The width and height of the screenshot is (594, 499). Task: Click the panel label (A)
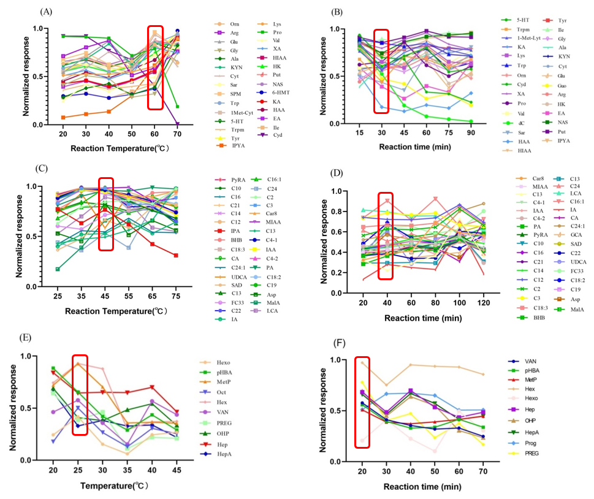pyautogui.click(x=45, y=12)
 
